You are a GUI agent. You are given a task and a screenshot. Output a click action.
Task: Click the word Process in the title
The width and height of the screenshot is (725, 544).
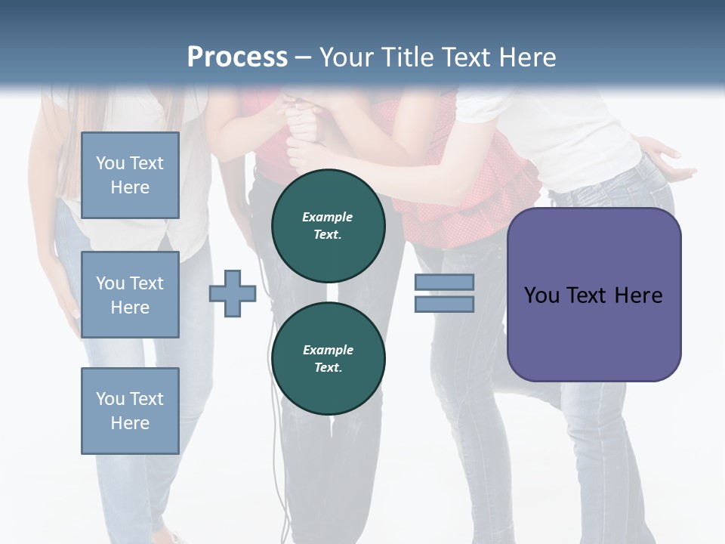click(237, 57)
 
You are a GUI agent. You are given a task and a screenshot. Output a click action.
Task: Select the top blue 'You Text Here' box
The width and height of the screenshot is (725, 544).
click(130, 175)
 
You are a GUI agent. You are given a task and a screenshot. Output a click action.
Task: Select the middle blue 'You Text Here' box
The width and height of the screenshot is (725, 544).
click(130, 295)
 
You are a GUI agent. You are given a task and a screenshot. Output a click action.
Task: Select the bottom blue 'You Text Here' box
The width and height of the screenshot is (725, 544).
click(130, 410)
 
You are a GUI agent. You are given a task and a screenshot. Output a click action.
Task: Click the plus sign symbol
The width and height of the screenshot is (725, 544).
click(233, 294)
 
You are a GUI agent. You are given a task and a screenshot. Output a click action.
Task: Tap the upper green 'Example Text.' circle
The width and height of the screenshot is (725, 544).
click(328, 225)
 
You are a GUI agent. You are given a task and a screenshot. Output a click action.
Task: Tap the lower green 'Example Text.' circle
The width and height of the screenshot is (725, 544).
click(328, 358)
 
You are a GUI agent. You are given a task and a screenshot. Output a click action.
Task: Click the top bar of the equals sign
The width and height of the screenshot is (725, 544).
click(444, 283)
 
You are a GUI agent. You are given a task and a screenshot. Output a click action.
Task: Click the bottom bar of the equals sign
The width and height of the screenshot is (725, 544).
click(444, 304)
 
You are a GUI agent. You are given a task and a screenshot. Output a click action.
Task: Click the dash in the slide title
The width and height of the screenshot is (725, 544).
click(304, 57)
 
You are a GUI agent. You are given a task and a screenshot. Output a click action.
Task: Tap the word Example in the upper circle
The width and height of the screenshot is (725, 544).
click(328, 217)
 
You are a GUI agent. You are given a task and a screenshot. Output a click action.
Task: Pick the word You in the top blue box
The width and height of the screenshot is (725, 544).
click(110, 163)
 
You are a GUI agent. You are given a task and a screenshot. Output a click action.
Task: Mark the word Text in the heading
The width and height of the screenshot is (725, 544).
click(465, 57)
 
